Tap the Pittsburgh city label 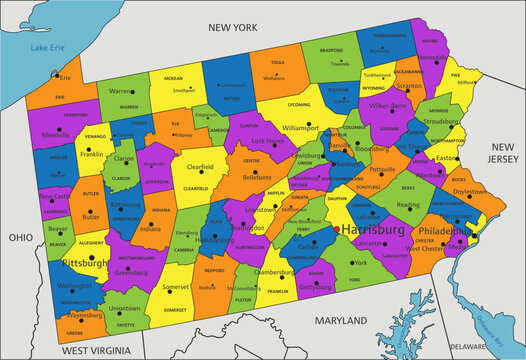(85, 262)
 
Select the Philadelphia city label (441, 229)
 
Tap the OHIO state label (20, 238)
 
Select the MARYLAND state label (340, 321)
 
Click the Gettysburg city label (315, 287)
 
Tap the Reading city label (408, 205)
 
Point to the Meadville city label (58, 136)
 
